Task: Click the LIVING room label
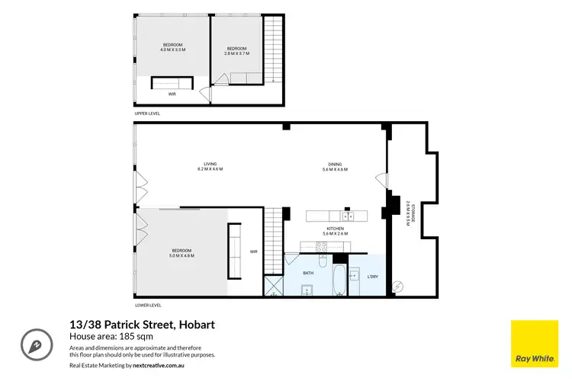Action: tap(210, 165)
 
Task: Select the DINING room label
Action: tap(336, 165)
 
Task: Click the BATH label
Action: tap(308, 272)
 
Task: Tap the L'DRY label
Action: tap(372, 276)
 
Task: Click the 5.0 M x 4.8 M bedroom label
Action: tap(182, 253)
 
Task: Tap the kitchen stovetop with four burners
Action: tap(322, 246)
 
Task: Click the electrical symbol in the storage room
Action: tap(396, 287)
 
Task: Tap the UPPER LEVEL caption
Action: tap(147, 113)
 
